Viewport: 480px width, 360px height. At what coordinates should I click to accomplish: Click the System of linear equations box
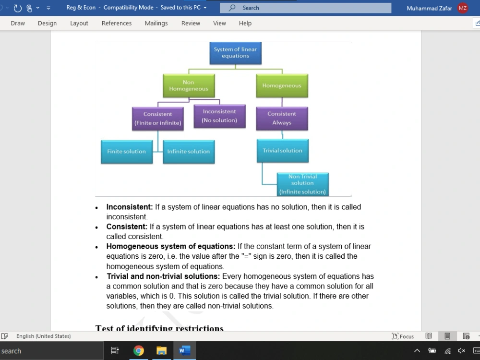(235, 53)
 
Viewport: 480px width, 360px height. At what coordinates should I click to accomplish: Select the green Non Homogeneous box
(189, 86)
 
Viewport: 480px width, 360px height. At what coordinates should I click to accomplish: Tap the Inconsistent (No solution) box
(219, 116)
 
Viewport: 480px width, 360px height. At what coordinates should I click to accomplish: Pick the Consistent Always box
(282, 119)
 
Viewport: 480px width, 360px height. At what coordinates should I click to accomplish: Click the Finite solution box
(127, 152)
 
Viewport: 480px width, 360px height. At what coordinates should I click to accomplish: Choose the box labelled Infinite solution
(189, 152)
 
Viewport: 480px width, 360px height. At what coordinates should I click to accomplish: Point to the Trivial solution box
(283, 151)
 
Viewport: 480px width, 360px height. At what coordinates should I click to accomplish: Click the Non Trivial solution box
(303, 184)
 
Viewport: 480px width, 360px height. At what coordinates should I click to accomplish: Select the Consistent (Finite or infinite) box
(158, 119)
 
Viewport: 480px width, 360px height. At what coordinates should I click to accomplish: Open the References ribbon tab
(117, 23)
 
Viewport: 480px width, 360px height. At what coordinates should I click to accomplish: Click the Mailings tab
(156, 23)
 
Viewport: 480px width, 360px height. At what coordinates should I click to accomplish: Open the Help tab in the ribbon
(245, 23)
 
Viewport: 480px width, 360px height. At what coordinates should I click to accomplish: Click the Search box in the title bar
(305, 8)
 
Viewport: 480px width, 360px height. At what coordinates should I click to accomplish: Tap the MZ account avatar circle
(463, 8)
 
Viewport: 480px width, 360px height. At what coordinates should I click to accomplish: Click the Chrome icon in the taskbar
(139, 350)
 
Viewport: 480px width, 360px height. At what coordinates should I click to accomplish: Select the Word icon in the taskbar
(185, 350)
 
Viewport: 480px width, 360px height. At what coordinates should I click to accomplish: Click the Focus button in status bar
(403, 336)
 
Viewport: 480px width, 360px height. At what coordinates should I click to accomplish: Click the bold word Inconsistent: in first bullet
(130, 207)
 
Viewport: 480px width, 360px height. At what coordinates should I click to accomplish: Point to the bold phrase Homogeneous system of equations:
(171, 246)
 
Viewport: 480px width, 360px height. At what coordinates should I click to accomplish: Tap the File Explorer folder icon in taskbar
(161, 350)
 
